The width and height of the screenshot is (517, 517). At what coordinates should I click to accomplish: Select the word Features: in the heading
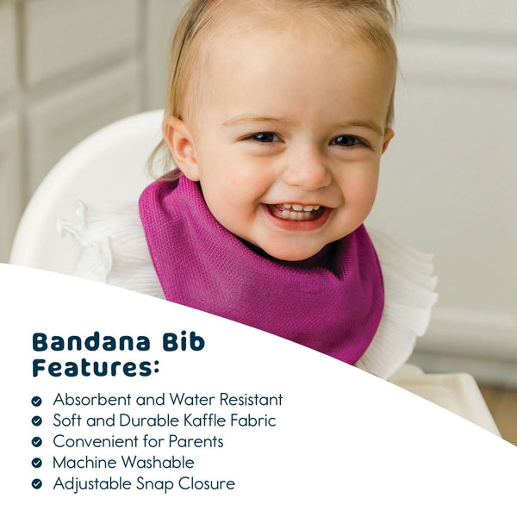pos(96,368)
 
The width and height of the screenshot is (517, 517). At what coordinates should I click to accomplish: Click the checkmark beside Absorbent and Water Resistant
pos(36,401)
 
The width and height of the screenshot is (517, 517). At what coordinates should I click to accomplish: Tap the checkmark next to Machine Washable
pos(36,463)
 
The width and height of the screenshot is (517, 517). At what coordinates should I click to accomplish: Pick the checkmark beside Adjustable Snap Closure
pos(36,483)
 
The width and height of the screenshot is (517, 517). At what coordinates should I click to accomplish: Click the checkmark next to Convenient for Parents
pos(36,442)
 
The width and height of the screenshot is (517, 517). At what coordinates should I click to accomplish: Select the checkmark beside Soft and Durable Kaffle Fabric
pos(36,421)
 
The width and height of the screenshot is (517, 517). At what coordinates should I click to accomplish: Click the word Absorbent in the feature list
pos(93,400)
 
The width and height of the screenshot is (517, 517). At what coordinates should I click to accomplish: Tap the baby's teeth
pos(295,209)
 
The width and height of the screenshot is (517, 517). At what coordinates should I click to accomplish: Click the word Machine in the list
pos(85,462)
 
